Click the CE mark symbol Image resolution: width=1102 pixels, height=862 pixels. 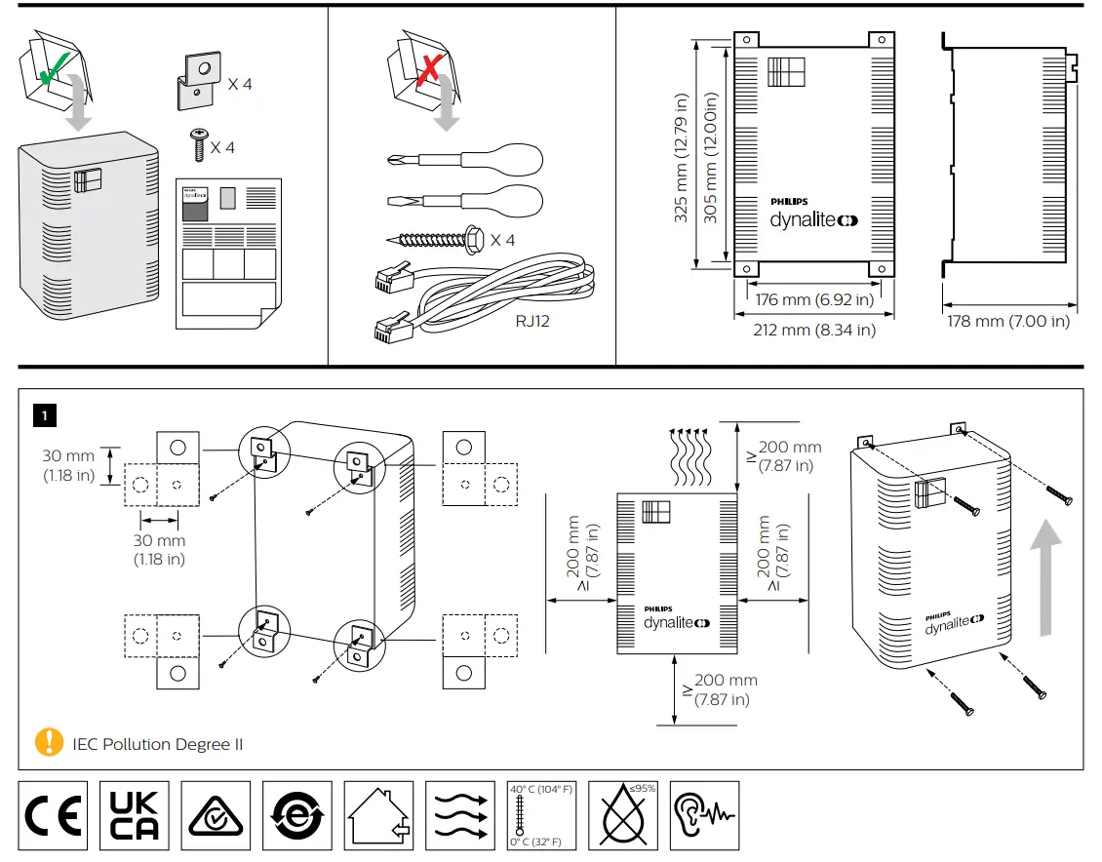54,815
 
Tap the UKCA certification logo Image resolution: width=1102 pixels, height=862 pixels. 135,815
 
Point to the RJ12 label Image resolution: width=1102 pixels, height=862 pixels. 533,320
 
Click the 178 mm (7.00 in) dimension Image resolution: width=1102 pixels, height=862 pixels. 1008,322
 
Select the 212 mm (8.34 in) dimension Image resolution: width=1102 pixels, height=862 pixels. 814,331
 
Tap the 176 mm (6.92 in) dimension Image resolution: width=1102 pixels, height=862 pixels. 815,300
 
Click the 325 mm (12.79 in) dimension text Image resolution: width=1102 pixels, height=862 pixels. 682,158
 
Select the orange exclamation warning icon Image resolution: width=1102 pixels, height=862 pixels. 48,742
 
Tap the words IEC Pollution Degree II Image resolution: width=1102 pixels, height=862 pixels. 158,744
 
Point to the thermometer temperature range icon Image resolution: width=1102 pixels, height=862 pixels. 541,815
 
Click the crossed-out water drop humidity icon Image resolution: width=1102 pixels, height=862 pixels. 623,815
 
